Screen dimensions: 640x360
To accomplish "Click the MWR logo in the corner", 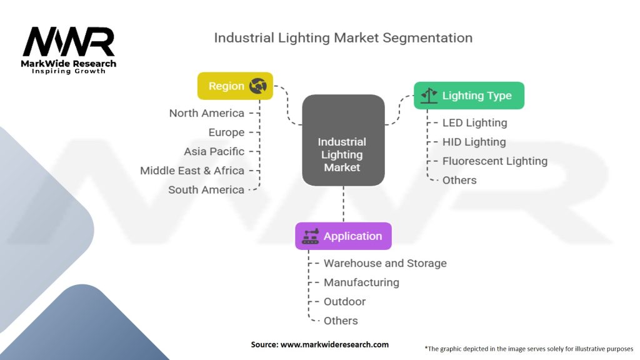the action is coord(69,50).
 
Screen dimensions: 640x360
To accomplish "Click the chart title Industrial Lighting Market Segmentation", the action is coord(343,38).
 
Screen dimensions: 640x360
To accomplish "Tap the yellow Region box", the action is coord(235,86).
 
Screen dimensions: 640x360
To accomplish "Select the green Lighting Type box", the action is coord(469,96).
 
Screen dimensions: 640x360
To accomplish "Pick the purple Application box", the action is coord(343,236).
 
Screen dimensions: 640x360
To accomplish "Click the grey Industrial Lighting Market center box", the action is coord(343,141).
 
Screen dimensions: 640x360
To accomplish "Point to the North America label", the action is coord(206,113).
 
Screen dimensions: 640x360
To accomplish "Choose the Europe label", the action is coord(226,132).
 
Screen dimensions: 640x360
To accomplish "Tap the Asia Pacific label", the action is coord(214,151).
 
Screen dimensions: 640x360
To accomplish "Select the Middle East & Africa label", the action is coord(192,171).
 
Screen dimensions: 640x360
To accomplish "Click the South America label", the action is coord(206,190).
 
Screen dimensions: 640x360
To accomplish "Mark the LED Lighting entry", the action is coord(475,123).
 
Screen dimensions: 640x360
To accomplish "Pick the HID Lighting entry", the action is coord(474,142).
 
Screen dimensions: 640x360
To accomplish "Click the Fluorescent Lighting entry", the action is coord(495,161).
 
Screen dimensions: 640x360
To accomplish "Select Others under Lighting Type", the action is coord(459,181).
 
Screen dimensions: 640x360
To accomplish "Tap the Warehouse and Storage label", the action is coord(385,263).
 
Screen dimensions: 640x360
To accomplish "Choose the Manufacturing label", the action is coord(362,282).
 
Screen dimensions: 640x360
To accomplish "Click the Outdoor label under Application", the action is coord(344,302).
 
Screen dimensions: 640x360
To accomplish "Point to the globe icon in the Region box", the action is coord(258,86).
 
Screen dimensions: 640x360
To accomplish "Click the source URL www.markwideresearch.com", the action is coord(335,344).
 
